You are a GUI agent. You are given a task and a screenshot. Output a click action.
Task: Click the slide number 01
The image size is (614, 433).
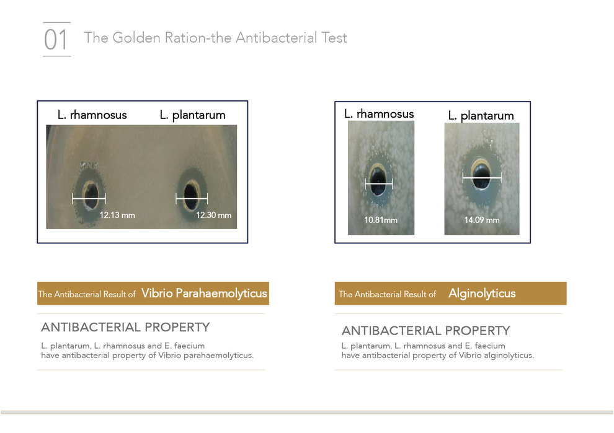pos(56,40)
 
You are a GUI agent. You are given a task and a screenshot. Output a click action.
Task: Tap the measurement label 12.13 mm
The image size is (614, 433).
pos(117,215)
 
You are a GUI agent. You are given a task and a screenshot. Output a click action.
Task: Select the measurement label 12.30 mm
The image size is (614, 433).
pos(213,215)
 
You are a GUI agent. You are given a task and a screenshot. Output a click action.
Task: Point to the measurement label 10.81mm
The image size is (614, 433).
pos(381,220)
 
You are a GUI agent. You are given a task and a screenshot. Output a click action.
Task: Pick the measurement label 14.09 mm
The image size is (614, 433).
pos(482,220)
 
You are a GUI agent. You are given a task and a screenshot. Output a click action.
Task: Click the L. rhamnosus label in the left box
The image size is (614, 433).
pos(92,115)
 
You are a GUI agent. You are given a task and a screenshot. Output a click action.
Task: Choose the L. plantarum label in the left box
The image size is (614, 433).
pos(192,115)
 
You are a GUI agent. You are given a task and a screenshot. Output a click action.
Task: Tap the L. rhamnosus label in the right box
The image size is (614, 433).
pos(379,114)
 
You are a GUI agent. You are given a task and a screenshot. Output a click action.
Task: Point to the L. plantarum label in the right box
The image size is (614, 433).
pos(481,116)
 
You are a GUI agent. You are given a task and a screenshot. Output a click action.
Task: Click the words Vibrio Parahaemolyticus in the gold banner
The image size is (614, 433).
pos(204,293)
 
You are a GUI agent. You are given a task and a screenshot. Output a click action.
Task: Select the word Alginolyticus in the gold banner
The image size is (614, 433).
pos(482,294)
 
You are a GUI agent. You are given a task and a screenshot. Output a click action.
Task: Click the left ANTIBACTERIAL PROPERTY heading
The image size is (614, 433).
pos(125,327)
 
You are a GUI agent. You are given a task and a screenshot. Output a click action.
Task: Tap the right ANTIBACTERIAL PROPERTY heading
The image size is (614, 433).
pos(425,331)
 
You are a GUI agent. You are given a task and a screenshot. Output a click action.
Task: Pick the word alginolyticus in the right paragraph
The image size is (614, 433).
pos(509,356)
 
